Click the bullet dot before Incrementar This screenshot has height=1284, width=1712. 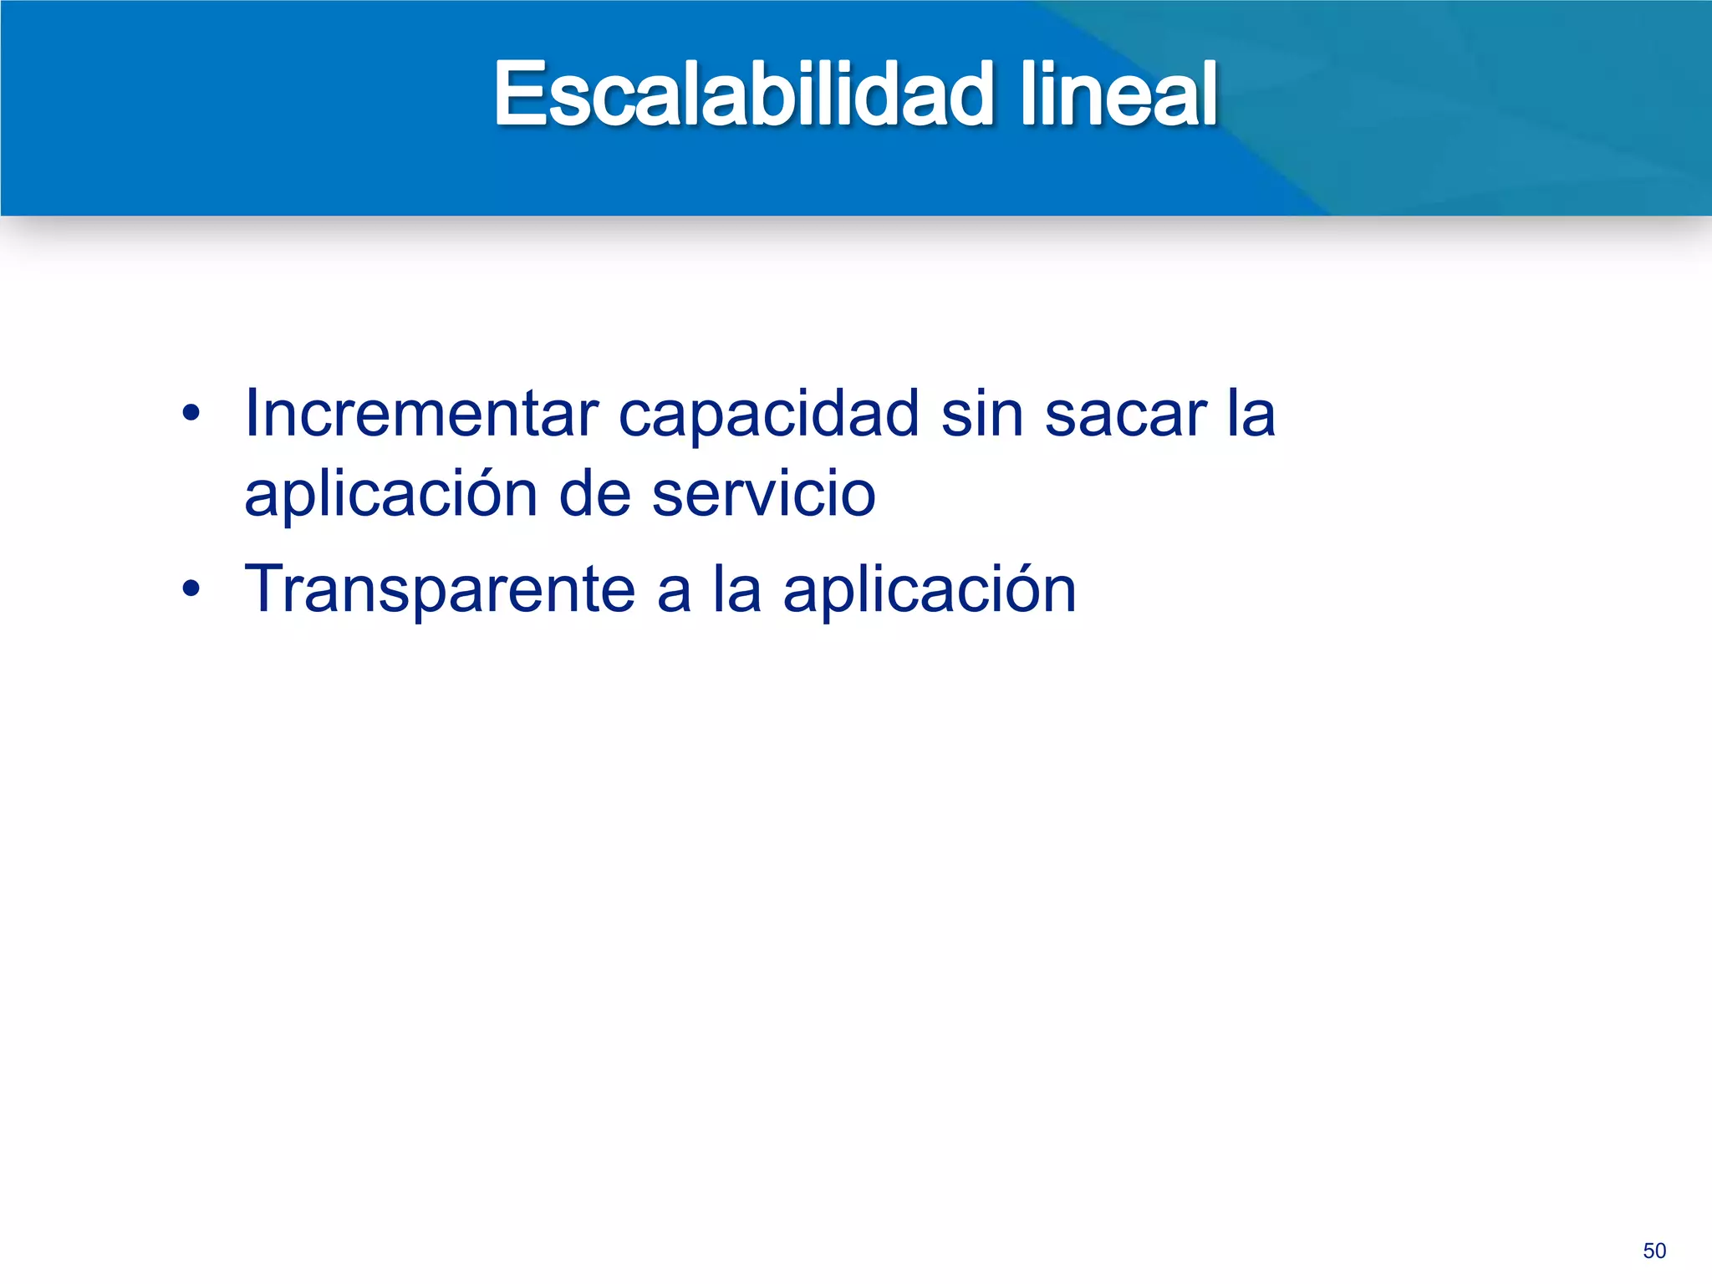click(191, 413)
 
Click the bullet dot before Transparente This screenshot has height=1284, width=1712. click(191, 589)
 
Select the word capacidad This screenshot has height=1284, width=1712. click(769, 415)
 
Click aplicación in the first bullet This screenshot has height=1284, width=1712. click(390, 495)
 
